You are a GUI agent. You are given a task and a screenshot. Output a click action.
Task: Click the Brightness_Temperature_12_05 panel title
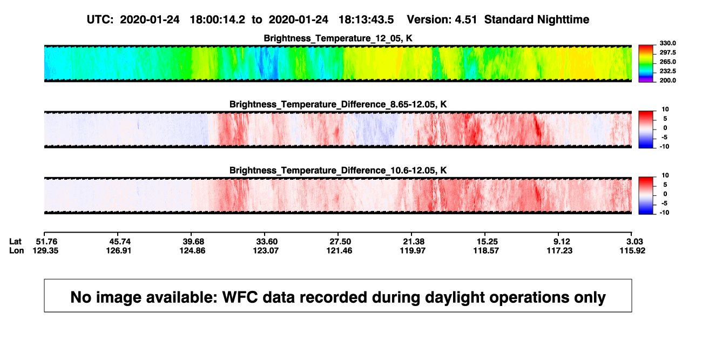(338, 38)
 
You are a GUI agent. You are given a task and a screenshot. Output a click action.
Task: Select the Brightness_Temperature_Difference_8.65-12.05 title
(338, 104)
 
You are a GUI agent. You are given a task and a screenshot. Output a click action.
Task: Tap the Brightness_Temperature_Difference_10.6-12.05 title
(338, 171)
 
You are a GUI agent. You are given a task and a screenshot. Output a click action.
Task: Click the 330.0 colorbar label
(667, 43)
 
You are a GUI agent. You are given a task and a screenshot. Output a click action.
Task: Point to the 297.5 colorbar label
(667, 52)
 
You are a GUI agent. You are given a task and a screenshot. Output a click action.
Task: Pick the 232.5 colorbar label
(667, 71)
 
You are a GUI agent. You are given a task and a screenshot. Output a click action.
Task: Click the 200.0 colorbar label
(667, 80)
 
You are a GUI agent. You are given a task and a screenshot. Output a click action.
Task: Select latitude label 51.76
(47, 242)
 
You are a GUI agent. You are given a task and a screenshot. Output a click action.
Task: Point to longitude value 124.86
(192, 250)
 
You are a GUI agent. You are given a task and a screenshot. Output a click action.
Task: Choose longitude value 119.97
(413, 250)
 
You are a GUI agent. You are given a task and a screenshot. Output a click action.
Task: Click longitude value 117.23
(559, 250)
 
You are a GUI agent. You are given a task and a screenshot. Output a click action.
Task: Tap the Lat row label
(15, 242)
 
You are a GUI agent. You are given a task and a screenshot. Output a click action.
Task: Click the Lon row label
(17, 250)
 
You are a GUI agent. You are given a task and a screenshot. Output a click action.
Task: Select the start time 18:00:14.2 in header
(217, 20)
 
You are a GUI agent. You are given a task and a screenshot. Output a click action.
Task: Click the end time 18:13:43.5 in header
(366, 20)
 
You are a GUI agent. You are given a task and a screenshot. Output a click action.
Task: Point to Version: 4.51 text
(442, 20)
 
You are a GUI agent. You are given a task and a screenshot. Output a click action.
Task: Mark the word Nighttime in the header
(563, 20)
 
